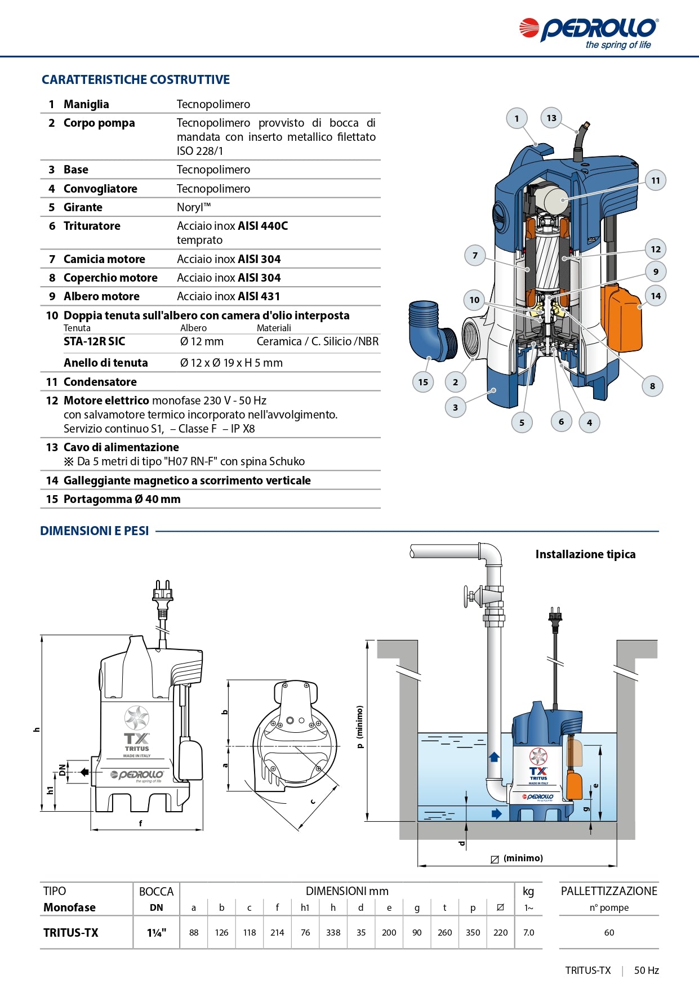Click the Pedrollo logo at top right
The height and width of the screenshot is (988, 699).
click(589, 32)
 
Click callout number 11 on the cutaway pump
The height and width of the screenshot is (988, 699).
click(655, 181)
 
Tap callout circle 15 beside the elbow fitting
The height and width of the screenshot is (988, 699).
click(423, 382)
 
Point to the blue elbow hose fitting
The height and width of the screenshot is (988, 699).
click(431, 330)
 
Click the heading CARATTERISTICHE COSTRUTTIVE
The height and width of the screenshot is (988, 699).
click(136, 79)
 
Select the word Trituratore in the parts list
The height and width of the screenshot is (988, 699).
click(92, 226)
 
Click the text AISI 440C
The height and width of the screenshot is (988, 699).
click(263, 226)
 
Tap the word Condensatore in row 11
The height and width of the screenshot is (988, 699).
click(100, 382)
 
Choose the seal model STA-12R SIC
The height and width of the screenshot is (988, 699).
click(95, 341)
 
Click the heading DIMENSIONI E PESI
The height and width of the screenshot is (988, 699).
click(95, 531)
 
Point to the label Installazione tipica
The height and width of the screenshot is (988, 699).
click(585, 554)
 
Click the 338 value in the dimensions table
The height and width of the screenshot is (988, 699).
click(333, 932)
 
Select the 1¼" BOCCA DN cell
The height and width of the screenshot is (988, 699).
click(156, 932)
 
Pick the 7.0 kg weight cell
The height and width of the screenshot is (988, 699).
click(528, 932)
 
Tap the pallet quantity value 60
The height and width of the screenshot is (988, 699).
click(609, 932)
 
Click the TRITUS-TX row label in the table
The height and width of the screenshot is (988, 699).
click(71, 932)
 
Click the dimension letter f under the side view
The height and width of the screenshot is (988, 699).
click(141, 823)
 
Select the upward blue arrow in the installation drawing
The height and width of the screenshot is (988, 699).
click(494, 756)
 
